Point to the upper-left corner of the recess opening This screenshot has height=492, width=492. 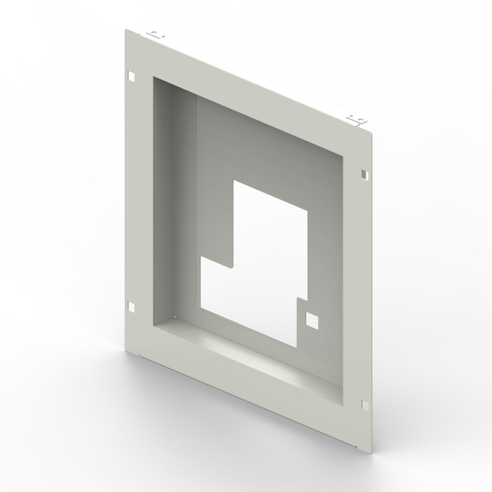coord(152,76)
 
